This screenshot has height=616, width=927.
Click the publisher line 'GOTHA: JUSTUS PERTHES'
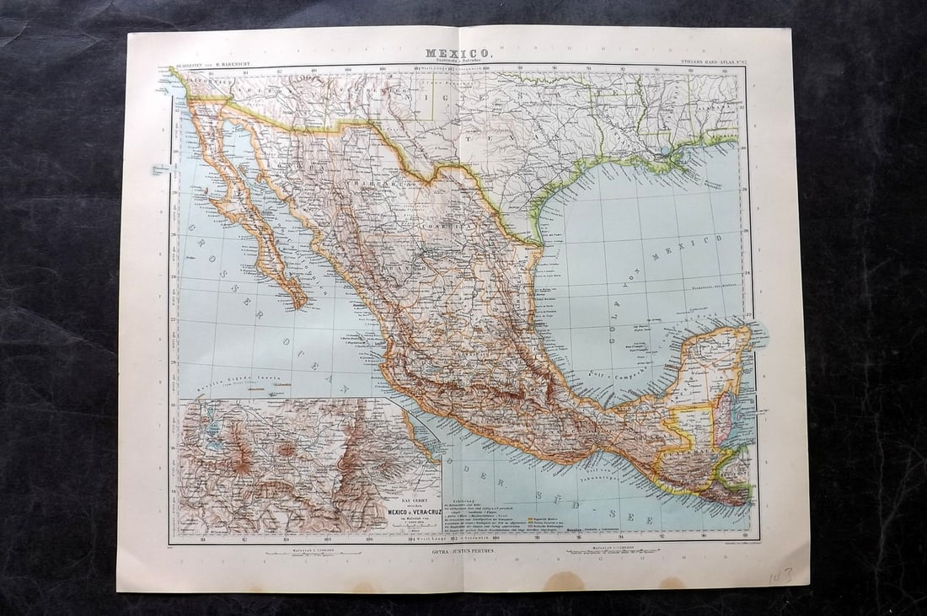[462, 550]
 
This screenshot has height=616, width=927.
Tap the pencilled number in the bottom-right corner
[780, 576]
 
